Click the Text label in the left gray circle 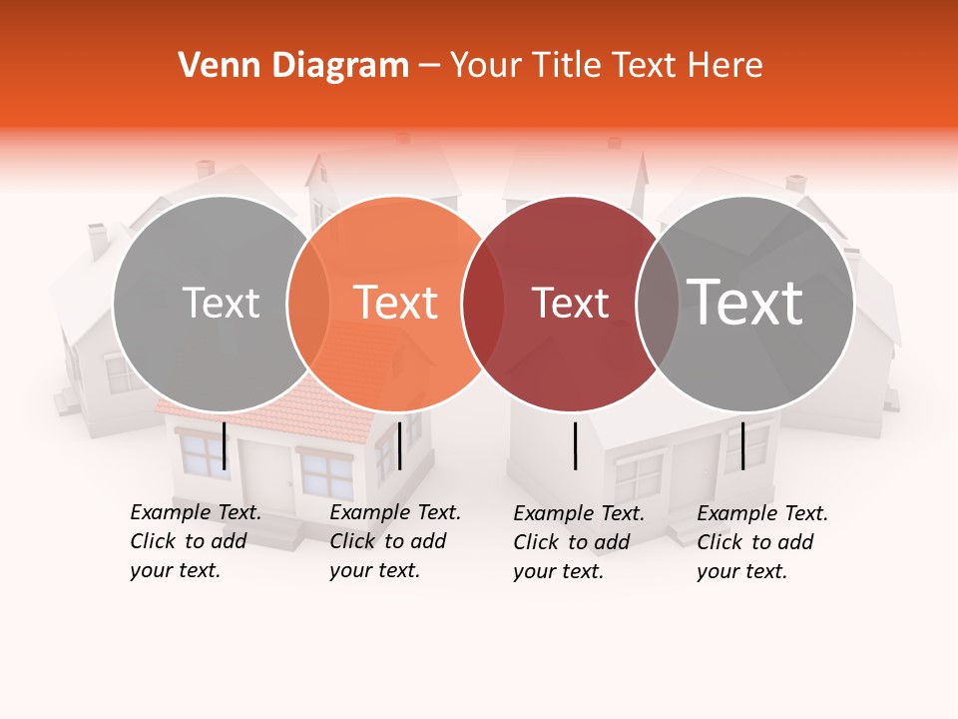click(x=221, y=303)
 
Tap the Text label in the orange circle click(x=396, y=303)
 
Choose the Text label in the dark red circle click(x=571, y=303)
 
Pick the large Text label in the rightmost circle click(x=745, y=303)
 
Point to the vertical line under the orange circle click(x=399, y=445)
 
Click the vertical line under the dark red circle click(x=575, y=445)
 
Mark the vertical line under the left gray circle click(x=224, y=445)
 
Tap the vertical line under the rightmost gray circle click(x=742, y=445)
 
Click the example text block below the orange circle click(x=394, y=541)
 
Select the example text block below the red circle click(x=579, y=542)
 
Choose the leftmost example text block click(x=195, y=541)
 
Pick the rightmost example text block click(x=761, y=542)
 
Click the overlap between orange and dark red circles click(x=483, y=304)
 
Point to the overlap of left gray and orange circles click(x=308, y=304)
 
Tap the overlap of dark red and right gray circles click(x=658, y=304)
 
